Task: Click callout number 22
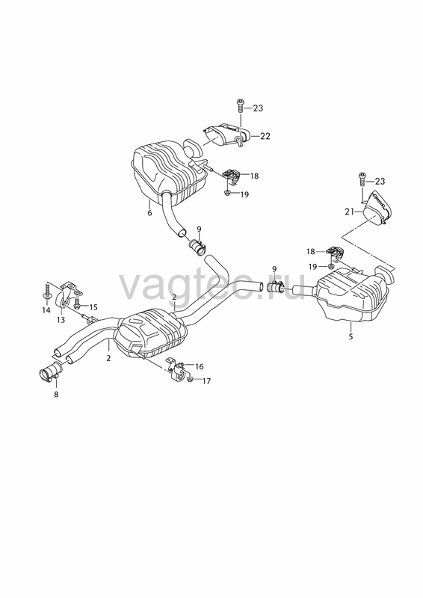(x=265, y=136)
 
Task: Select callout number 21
(x=349, y=212)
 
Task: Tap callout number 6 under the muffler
(x=149, y=213)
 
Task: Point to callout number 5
(x=351, y=336)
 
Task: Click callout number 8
(x=56, y=395)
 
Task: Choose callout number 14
(x=46, y=310)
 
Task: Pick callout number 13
(x=61, y=320)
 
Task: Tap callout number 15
(x=93, y=306)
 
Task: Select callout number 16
(x=199, y=366)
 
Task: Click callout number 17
(x=206, y=380)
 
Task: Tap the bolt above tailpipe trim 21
(x=362, y=179)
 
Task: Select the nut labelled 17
(x=191, y=379)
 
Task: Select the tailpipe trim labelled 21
(x=376, y=209)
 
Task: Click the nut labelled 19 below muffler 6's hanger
(x=227, y=193)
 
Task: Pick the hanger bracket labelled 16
(x=179, y=369)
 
